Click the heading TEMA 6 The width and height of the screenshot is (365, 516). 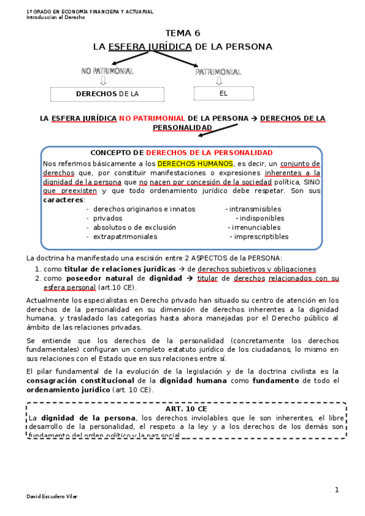tap(182, 33)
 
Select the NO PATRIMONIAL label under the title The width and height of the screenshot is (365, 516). tap(107, 71)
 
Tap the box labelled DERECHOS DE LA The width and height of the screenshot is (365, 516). tap(107, 94)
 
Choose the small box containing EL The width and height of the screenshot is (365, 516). tap(223, 93)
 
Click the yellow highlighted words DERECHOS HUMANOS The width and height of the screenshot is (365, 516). tap(195, 164)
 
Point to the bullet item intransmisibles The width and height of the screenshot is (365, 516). tap(253, 209)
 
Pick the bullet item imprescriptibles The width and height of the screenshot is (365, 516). tap(259, 237)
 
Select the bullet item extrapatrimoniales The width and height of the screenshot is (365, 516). tap(122, 237)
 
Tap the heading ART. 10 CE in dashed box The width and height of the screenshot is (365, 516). tap(182, 409)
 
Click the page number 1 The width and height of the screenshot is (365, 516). tap(336, 490)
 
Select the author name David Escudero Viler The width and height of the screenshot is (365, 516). tap(52, 497)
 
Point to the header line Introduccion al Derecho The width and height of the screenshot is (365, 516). tap(55, 17)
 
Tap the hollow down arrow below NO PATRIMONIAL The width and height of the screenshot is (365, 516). tap(103, 81)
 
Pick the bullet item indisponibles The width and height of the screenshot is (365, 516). tap(261, 218)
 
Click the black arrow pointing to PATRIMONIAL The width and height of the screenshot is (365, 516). tap(177, 61)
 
